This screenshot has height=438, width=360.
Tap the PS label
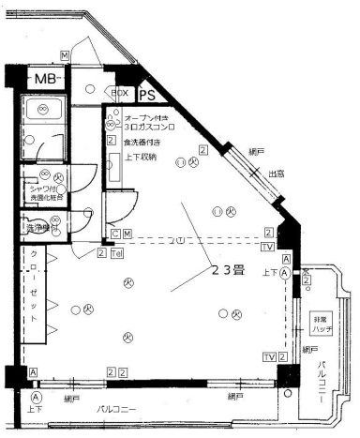click(147, 95)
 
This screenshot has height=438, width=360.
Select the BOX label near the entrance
click(120, 94)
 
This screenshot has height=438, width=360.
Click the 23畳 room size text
click(227, 269)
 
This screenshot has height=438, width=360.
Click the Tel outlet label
click(117, 253)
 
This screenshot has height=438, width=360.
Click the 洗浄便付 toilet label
click(43, 228)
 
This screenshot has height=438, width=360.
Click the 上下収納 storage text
click(142, 157)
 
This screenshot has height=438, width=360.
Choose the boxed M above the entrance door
click(64, 56)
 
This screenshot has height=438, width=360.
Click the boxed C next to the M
click(114, 233)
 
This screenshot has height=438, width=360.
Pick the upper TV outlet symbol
click(269, 247)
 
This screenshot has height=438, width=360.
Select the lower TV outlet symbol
click(269, 357)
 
